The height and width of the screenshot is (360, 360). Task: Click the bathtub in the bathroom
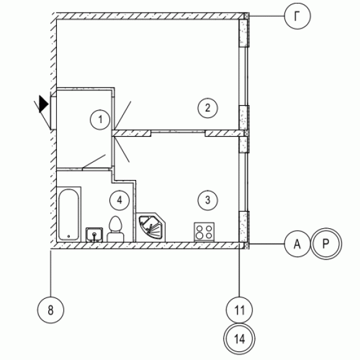pos(69,215)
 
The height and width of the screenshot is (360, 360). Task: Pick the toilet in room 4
pos(115,229)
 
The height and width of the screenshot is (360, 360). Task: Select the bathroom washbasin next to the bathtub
pos(95,234)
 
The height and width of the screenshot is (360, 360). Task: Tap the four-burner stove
pos(204,232)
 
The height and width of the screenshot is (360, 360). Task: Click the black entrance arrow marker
pos(44,104)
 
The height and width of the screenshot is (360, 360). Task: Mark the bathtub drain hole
pos(69,236)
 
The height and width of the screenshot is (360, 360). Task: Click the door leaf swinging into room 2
pos(122,116)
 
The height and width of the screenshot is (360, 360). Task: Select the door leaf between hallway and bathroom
pos(94,161)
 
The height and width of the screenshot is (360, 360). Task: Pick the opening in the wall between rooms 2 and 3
pos(178,132)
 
